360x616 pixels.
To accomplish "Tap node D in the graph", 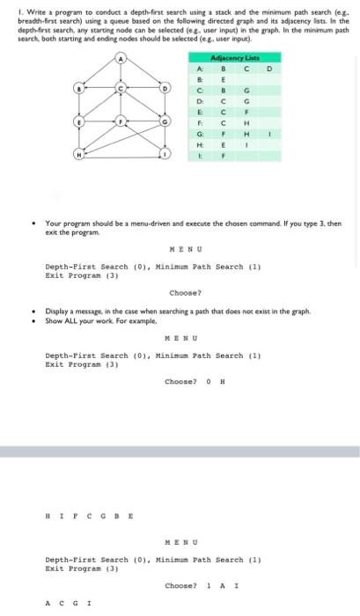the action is click(x=164, y=89).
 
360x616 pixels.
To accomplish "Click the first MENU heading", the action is click(x=180, y=249).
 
